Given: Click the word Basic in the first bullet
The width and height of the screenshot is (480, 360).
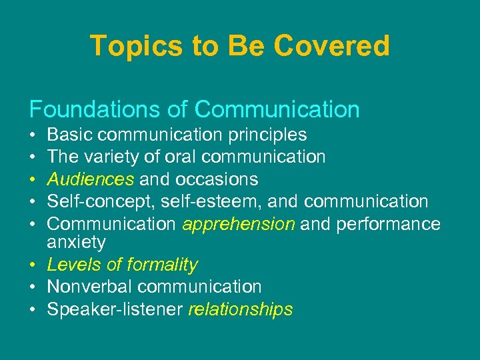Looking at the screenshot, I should coord(70,135).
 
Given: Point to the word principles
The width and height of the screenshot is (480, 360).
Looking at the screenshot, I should coord(267,135).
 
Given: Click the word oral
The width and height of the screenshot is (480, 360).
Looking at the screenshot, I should coord(179,157).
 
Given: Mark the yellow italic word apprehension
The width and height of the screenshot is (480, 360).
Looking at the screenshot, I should coord(239,224).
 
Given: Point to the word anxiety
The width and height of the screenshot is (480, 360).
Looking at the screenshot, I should coord(77,242).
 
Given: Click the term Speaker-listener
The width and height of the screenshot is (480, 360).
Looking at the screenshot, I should coord(115,309).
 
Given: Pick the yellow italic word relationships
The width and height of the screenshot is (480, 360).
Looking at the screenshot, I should coord(241,309).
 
